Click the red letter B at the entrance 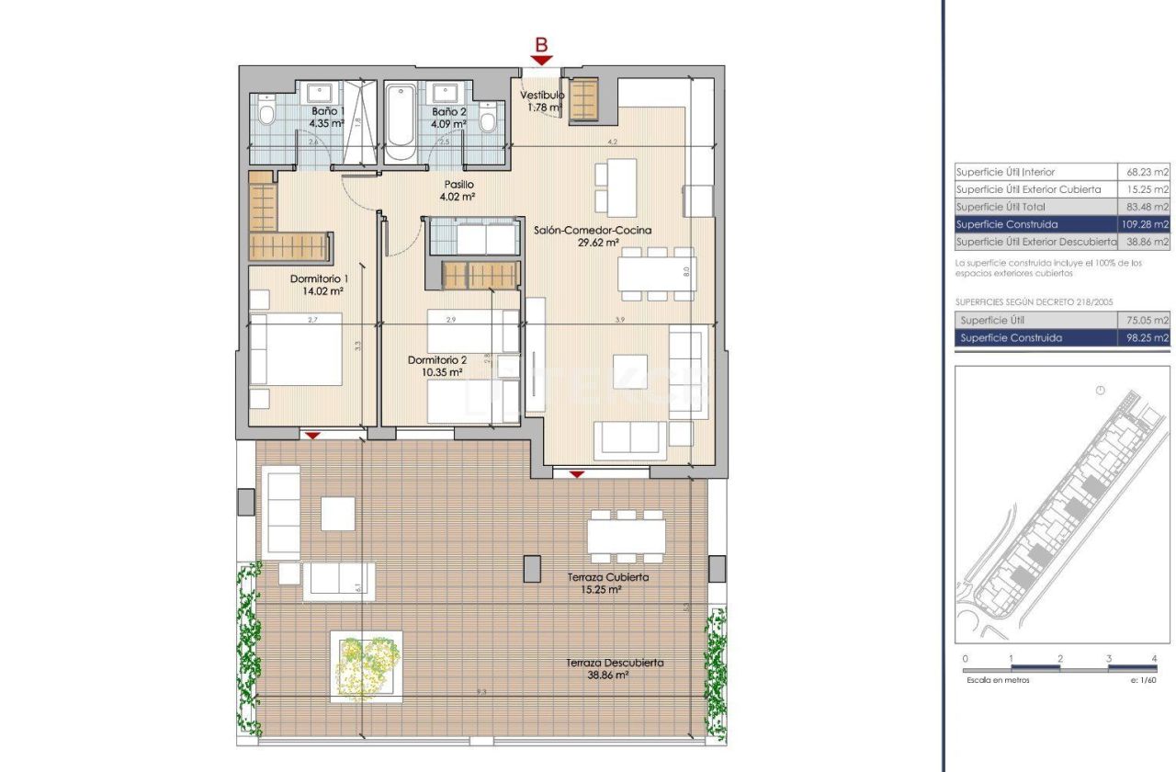(x=542, y=44)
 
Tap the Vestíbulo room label (x=542, y=95)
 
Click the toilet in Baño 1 (x=266, y=114)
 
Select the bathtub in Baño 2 (x=401, y=118)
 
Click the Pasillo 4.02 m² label (x=457, y=190)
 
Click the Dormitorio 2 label (x=437, y=359)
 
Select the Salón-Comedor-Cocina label (x=593, y=230)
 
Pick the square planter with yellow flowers (x=366, y=666)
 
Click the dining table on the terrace (x=627, y=534)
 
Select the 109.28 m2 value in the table (x=1148, y=224)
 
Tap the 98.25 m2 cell (x=1148, y=338)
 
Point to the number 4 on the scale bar (x=1154, y=659)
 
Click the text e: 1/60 (x=1143, y=681)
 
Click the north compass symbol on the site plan (x=1100, y=392)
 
